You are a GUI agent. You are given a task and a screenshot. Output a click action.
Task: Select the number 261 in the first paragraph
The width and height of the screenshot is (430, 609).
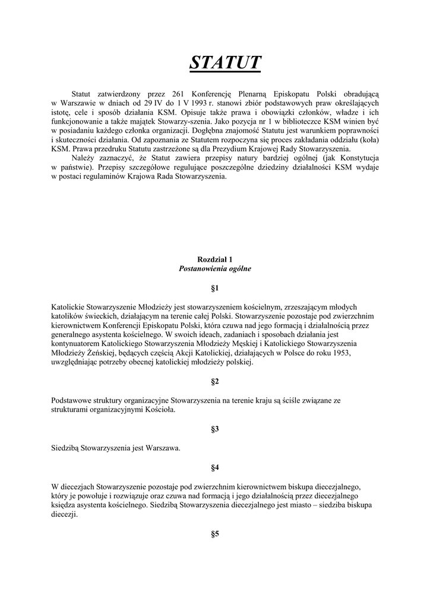click(179, 94)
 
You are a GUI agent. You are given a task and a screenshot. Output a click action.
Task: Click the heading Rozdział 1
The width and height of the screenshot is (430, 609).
click(215, 259)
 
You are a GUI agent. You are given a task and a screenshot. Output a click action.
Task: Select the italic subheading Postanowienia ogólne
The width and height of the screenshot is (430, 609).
click(215, 269)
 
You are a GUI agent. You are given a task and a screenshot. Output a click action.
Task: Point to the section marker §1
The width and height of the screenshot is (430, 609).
click(215, 288)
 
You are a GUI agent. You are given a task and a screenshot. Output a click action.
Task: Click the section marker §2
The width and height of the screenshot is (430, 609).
click(215, 381)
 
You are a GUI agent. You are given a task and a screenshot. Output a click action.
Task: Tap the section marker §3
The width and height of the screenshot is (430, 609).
click(215, 429)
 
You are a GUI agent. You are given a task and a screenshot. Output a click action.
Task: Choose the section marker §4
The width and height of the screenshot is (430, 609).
click(215, 467)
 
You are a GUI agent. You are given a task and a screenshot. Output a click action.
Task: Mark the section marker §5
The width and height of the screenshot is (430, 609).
click(215, 533)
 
